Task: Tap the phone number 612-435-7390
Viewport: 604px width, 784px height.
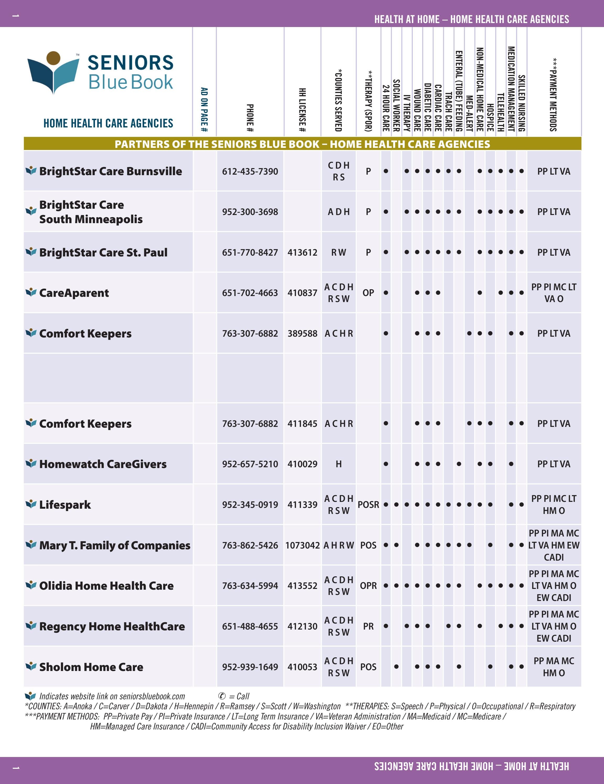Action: [250, 171]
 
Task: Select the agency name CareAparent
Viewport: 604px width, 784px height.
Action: [74, 293]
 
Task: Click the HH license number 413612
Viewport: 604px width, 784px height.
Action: [302, 252]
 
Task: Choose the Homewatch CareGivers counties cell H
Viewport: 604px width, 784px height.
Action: [339, 464]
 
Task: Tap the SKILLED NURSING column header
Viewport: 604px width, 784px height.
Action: [522, 103]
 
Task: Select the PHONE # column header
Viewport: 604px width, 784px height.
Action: [250, 118]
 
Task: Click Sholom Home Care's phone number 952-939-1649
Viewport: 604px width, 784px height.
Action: [250, 667]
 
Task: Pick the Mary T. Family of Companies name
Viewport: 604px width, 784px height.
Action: [115, 545]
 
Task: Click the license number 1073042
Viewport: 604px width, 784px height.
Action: [302, 545]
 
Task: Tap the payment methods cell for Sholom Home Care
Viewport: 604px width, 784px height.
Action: [554, 667]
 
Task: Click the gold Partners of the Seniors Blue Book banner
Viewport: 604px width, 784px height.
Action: [302, 144]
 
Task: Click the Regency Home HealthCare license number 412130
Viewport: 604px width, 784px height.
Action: [302, 626]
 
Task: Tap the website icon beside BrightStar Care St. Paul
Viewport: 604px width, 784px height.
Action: [31, 252]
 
